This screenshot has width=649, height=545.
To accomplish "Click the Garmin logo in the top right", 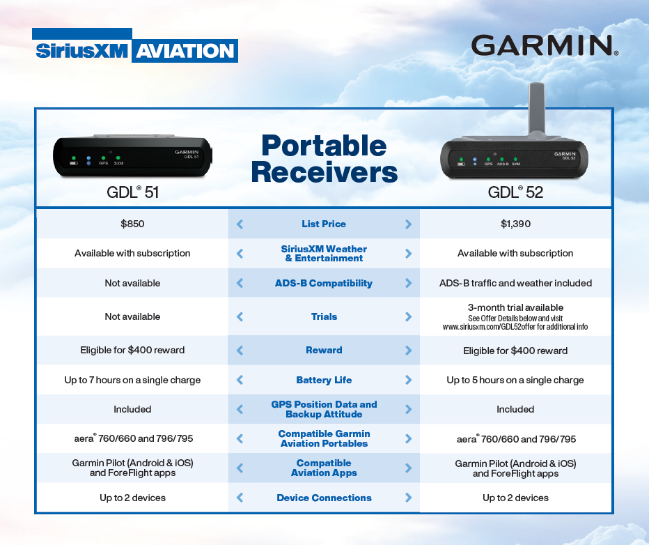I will pos(545,45).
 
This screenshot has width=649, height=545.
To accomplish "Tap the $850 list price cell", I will pos(132,224).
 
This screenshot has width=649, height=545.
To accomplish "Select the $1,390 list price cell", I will pos(515,224).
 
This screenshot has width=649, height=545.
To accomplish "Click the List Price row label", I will pos(324,224).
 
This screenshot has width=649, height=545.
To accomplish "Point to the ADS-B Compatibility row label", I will pos(324,284).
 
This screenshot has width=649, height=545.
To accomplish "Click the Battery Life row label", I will pos(324,381).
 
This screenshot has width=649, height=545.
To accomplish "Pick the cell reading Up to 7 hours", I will pos(132,381).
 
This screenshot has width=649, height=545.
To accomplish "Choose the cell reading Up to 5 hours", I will pos(515,381).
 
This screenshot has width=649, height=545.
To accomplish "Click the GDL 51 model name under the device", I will pos(132,192).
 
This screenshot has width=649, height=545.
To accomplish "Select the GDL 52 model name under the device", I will pos(515,192).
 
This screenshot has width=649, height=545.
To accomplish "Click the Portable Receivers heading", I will pos(324,159).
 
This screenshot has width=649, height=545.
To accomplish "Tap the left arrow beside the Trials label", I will pos(240,317).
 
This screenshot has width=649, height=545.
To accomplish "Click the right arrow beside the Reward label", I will pos(408,351).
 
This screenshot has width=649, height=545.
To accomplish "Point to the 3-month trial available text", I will pos(515,307).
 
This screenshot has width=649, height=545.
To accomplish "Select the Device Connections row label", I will pos(324,498).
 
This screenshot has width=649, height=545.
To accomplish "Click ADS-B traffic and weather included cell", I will pos(515,284).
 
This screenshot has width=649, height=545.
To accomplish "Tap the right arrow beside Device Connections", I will pos(408,498).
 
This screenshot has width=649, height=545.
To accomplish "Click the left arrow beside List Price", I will pos(240,224).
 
